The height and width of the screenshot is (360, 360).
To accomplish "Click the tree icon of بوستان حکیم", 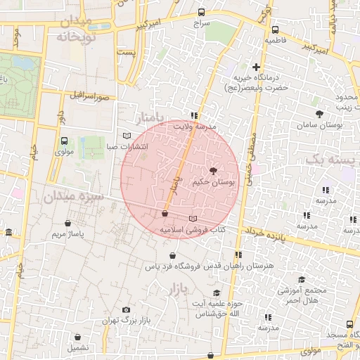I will click(213, 171).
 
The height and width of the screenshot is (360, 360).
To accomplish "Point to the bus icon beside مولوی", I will click(64, 140).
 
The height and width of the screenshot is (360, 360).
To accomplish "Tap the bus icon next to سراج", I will click(202, 12).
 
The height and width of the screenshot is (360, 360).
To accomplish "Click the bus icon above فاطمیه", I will click(275, 30).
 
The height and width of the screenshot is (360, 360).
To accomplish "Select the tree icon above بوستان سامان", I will click(320, 113).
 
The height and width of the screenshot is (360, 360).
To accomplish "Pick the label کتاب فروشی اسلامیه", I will click(191, 230).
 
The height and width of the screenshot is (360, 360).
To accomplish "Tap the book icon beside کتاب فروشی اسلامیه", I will click(193, 219).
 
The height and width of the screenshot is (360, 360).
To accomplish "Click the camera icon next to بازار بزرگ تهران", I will click(127, 309).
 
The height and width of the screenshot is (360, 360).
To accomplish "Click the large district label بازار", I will click(179, 289).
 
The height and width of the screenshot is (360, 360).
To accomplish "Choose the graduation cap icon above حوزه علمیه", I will click(217, 292).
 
